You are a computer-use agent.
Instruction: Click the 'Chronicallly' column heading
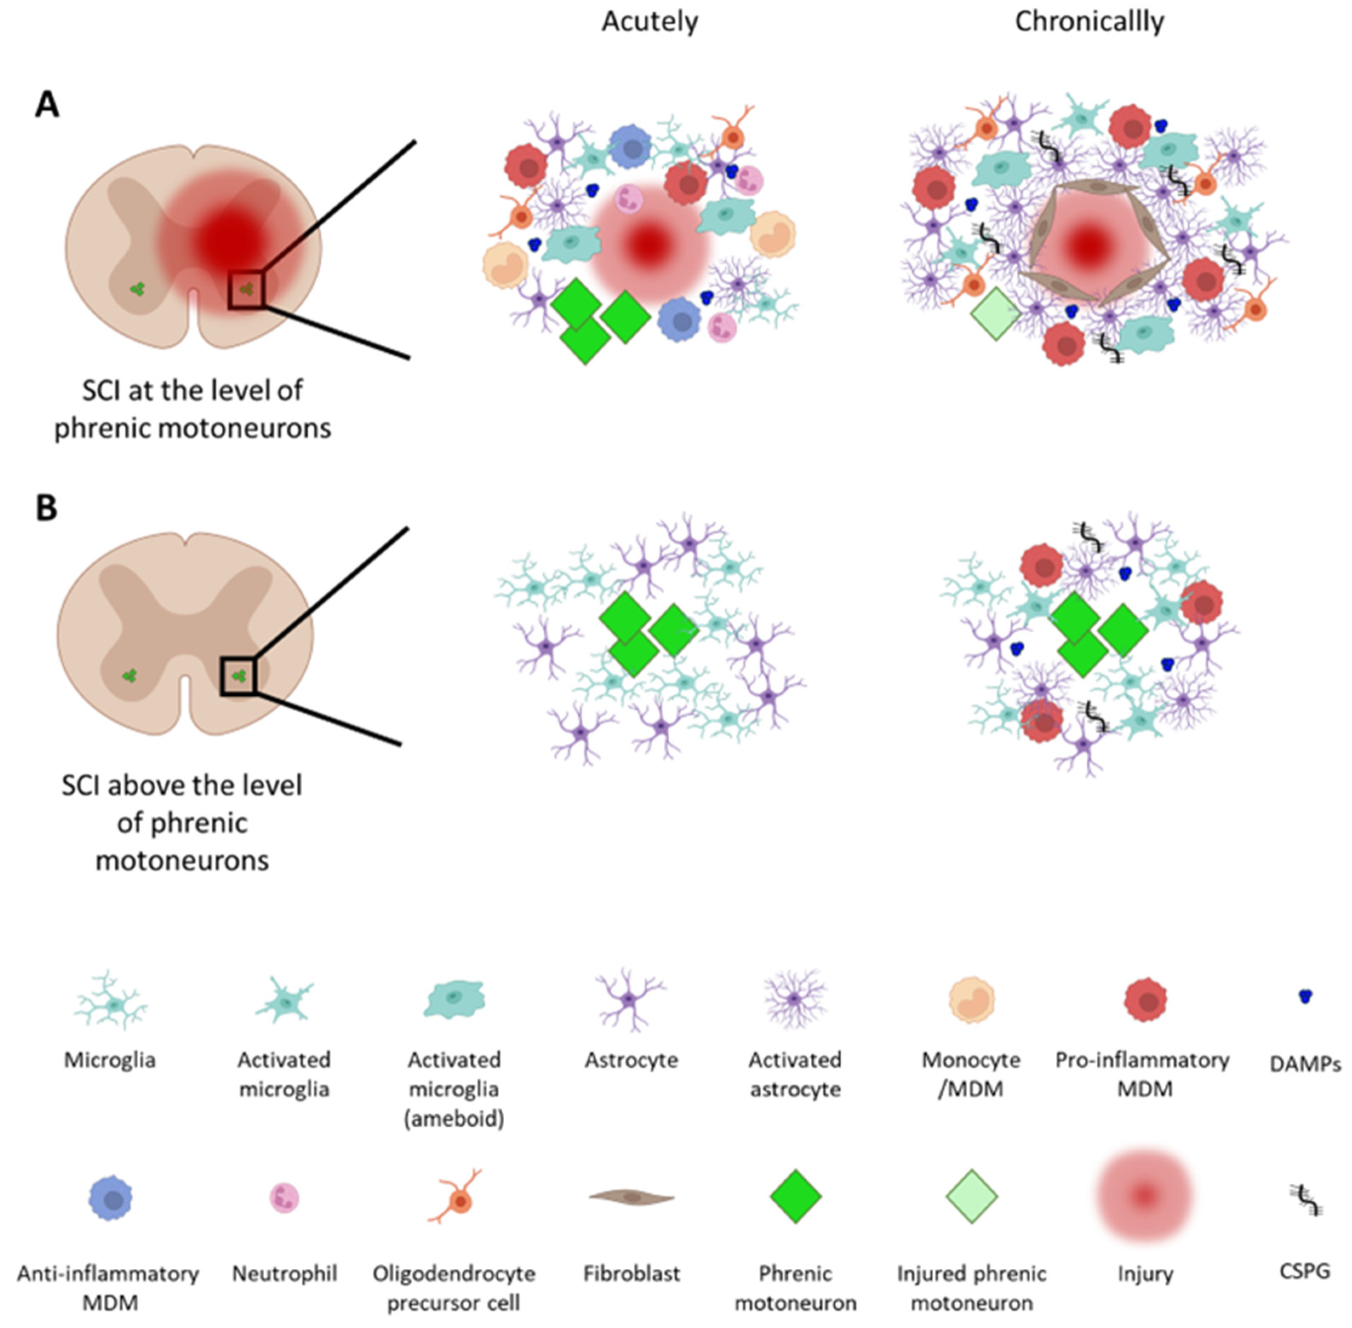[1089, 22]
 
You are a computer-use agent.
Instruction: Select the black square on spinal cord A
[246, 289]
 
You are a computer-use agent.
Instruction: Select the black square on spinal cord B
[238, 675]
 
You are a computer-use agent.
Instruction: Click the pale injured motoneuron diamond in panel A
[995, 314]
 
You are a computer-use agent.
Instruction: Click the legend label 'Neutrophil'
[284, 1274]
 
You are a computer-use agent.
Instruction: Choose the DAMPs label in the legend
[1305, 1064]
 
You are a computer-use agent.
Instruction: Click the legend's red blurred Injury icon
[1144, 1196]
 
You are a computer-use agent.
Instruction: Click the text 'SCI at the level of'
[192, 390]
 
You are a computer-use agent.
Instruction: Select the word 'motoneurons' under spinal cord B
[182, 860]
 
